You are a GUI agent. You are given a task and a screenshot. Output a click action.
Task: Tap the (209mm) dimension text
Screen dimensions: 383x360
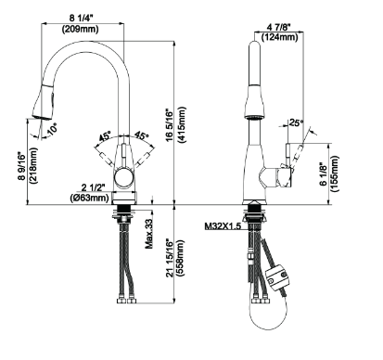81,30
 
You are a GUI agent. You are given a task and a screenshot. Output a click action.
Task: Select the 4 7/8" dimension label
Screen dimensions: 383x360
279,27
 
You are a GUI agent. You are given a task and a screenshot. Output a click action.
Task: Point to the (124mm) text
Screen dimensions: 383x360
280,37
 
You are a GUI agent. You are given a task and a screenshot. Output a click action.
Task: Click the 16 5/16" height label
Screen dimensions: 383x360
171,125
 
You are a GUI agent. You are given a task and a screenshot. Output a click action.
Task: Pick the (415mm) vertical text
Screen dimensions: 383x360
182,124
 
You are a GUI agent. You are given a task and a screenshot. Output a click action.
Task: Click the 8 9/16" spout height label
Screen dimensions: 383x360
21,165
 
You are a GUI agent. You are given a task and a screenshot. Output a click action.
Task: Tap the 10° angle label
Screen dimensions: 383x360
53,129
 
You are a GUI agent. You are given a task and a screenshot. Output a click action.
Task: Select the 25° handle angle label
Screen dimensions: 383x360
296,123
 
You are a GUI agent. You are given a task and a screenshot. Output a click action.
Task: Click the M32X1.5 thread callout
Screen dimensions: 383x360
223,226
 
